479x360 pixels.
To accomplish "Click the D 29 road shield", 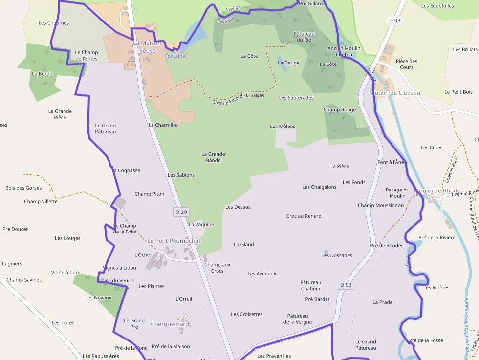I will click(181, 212).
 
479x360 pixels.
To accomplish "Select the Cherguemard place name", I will click(170, 324).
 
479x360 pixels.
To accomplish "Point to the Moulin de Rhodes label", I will click(438, 191).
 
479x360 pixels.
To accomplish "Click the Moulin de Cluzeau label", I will click(395, 93).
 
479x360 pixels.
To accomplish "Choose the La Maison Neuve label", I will click(147, 46).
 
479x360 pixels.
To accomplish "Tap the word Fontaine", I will click(175, 56).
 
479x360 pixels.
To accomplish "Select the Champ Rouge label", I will click(339, 110).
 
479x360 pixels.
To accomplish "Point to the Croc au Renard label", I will click(304, 216).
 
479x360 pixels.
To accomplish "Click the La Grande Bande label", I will click(213, 157).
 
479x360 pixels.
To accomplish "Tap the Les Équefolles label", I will click(437, 6).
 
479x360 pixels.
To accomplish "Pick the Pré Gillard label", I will click(310, 3).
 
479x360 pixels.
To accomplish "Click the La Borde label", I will click(42, 74).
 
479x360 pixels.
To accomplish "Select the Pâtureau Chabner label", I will click(310, 285).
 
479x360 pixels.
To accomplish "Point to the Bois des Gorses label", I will click(23, 188).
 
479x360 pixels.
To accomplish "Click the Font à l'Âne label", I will click(391, 162).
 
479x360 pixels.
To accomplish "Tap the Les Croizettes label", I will click(246, 314).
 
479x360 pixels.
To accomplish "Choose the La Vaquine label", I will click(201, 225).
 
